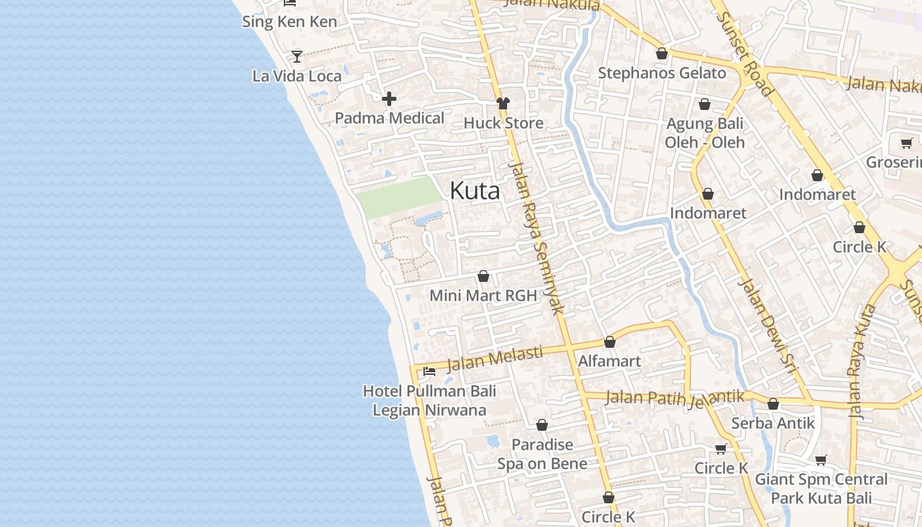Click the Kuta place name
(474, 191)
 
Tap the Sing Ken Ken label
(289, 22)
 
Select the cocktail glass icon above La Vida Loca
(297, 57)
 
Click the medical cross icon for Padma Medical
(389, 99)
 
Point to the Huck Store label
(503, 123)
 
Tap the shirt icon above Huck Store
(503, 103)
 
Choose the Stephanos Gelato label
(662, 73)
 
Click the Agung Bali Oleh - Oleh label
(705, 133)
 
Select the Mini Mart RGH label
(483, 296)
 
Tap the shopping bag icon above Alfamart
(610, 343)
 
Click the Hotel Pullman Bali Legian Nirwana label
(429, 401)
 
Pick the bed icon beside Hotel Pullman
(429, 372)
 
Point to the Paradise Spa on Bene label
(542, 454)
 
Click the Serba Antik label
(773, 423)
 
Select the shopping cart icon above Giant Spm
(821, 460)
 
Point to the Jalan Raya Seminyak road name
(537, 237)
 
